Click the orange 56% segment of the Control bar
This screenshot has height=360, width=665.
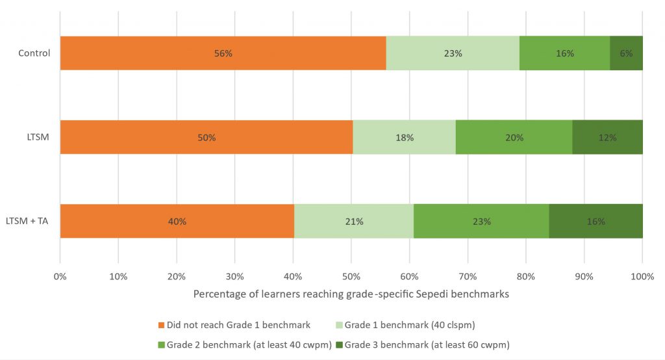click(223, 53)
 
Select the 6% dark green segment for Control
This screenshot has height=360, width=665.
click(626, 53)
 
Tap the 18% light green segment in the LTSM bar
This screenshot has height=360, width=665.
click(404, 137)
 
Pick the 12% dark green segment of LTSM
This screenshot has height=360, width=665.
click(607, 137)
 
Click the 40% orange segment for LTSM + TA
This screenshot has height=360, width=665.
click(177, 221)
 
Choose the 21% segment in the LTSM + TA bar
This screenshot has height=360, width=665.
click(354, 221)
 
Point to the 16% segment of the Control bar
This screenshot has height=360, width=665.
click(564, 53)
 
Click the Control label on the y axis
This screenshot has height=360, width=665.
click(34, 53)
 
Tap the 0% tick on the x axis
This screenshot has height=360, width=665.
click(60, 276)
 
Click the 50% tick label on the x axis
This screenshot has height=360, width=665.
click(351, 276)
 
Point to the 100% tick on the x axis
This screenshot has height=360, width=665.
click(642, 276)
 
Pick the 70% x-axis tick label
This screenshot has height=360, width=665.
click(468, 276)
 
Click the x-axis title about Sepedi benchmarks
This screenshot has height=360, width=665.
click(351, 294)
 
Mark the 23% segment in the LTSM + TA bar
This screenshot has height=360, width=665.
click(481, 221)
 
